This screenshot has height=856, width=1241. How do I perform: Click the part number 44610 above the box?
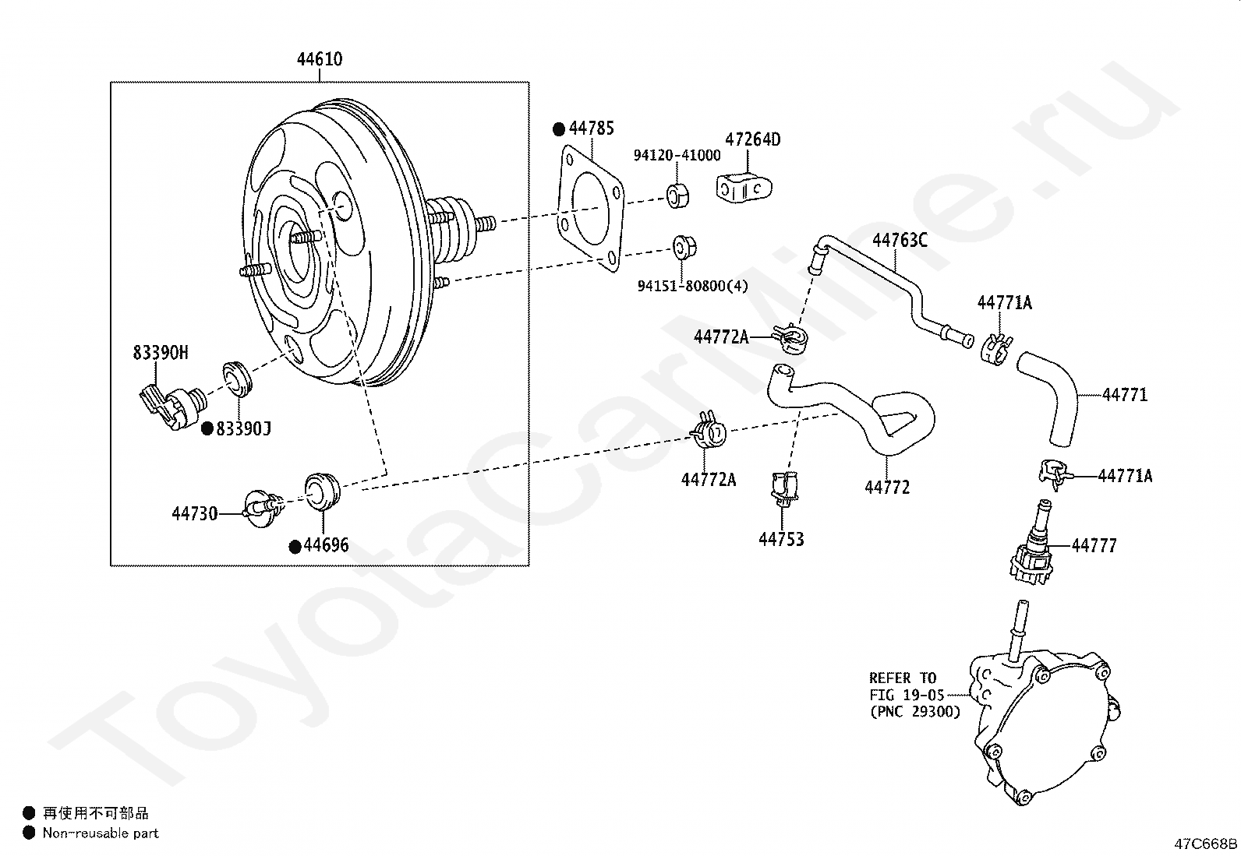320,59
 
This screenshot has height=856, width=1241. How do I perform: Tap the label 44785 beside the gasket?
592,129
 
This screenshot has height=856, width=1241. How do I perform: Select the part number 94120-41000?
677,156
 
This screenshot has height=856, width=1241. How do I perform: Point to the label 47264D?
753,139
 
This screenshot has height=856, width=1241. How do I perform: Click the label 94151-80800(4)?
692,287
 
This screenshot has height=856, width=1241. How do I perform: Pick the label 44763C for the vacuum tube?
900,241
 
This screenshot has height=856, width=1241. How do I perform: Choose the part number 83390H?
161,353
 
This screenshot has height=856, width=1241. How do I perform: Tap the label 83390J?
244,429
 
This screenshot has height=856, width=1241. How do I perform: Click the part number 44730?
194,514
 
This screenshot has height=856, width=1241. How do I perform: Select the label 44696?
327,545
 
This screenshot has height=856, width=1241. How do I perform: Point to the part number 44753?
781,539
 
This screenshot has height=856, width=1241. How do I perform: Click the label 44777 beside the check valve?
1094,546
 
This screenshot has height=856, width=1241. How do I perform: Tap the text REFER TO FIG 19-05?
907,686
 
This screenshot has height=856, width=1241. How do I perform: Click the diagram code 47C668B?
1206,844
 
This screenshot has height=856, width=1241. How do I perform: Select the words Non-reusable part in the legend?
101,833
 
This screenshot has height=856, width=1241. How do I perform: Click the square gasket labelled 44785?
591,208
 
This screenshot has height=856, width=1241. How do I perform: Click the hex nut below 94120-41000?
677,196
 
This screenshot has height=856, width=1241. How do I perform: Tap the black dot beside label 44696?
295,547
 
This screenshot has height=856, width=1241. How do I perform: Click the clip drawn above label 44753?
784,488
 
